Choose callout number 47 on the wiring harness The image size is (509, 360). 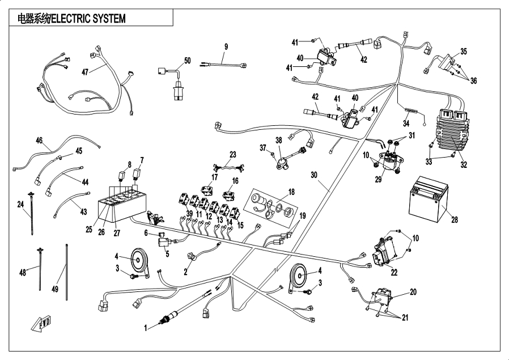[85, 73]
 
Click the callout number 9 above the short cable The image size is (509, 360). [226, 46]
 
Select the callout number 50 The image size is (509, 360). [188, 61]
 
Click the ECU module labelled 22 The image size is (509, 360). [384, 251]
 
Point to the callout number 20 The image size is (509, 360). [413, 292]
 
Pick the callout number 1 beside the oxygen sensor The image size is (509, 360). [146, 327]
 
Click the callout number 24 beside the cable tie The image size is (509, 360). [20, 204]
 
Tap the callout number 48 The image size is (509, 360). [23, 273]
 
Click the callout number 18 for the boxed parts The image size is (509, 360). [292, 192]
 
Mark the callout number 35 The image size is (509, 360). [464, 52]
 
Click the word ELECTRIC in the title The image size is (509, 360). [73, 18]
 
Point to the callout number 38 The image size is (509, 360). [278, 139]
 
